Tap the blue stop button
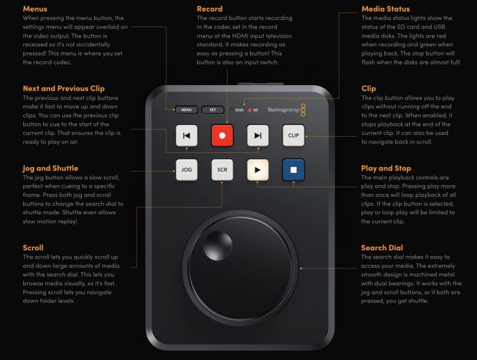coord(293,170)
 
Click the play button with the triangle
coord(258,170)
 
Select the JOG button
coord(186,170)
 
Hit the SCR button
coord(222,170)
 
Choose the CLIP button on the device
coord(293,135)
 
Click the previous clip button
coord(186,135)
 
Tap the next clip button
coord(258,135)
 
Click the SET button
coord(213,110)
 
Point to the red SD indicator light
coord(249,110)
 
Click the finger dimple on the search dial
coord(217,245)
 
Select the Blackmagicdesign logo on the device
coord(287,110)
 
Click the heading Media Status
coord(385,9)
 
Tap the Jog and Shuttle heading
coord(50,168)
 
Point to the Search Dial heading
coord(382,248)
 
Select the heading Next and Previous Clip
coord(64,88)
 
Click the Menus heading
coord(35,9)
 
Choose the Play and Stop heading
coord(385,168)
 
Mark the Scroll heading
coord(33,248)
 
